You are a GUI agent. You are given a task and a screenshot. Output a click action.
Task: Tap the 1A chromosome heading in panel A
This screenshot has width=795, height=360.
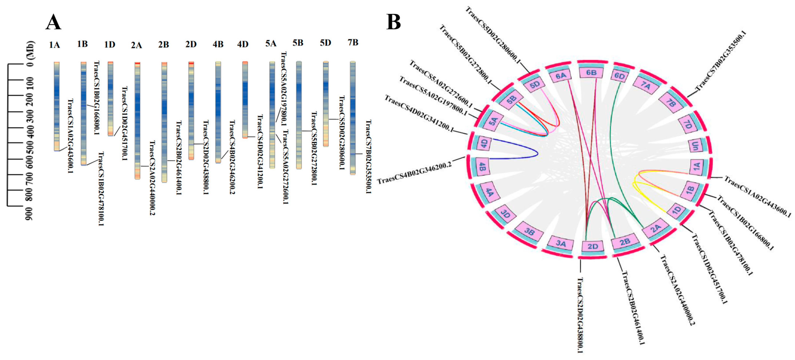coord(54,45)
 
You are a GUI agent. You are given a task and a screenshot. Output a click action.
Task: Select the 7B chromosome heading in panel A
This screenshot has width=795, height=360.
coord(353,43)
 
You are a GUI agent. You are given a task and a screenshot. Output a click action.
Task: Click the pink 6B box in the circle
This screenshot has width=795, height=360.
coord(591,73)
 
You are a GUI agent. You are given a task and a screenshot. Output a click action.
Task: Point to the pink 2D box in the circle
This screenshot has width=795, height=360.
coord(592,246)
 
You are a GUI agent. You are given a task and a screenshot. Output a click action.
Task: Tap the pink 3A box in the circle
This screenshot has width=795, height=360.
coord(561,243)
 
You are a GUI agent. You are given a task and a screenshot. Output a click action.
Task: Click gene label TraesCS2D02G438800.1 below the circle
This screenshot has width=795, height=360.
coord(580,315)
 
